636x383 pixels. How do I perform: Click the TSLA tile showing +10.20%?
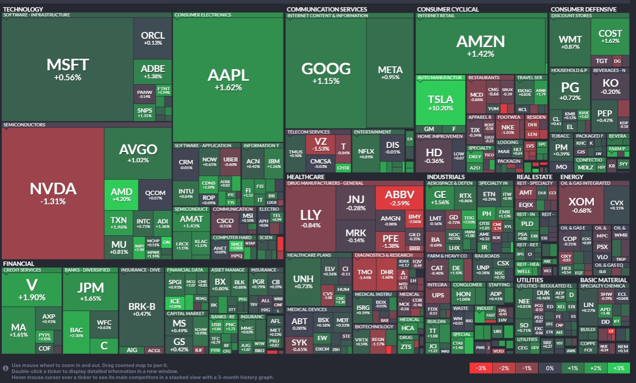(440, 103)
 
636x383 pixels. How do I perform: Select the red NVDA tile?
(53, 193)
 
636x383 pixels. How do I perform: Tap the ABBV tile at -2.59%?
(399, 197)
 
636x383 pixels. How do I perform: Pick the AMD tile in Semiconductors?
(122, 194)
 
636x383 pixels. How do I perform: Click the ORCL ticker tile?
(152, 38)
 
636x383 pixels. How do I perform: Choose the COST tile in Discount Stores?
(610, 36)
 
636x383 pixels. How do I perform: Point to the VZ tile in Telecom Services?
(320, 144)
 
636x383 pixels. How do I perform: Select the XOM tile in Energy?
(581, 204)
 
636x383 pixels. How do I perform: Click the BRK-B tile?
(142, 309)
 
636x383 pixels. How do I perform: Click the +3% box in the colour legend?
(618, 368)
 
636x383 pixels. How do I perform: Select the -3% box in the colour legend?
(481, 368)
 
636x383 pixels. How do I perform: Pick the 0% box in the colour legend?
(550, 368)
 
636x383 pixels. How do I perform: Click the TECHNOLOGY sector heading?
(23, 9)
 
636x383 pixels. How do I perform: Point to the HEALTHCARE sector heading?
(306, 177)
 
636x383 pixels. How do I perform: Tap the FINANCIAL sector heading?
(19, 263)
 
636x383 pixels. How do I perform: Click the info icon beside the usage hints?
(6, 368)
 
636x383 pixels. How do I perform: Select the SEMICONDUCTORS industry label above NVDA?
(24, 125)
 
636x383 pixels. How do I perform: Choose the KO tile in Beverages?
(610, 86)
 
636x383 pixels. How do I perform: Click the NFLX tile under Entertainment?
(366, 153)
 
